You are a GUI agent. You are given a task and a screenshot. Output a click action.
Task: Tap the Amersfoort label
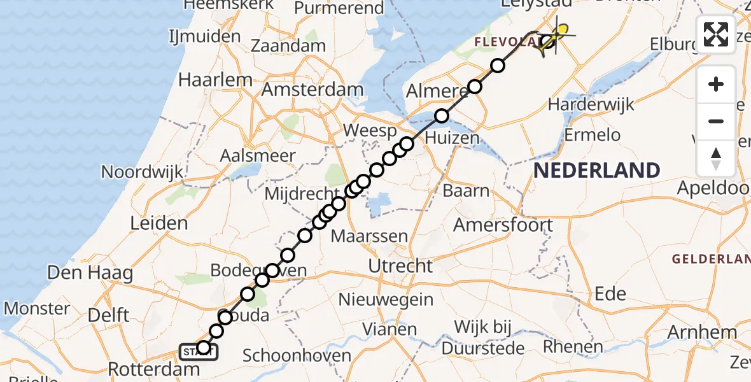click(x=503, y=224)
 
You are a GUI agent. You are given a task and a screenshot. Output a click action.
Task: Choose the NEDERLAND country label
click(x=596, y=170)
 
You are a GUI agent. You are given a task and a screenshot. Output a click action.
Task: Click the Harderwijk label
click(x=591, y=104)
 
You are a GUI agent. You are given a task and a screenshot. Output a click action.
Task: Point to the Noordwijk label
click(x=143, y=172)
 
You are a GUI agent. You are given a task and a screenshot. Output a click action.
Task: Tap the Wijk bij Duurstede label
click(x=484, y=337)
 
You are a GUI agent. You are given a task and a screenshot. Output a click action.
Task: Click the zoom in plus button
click(x=716, y=84)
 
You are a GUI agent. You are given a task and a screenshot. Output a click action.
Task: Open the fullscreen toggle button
click(x=716, y=34)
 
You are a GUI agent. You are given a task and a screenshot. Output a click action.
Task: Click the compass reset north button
click(x=716, y=158)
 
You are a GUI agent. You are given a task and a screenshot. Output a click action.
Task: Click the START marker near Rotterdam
click(x=199, y=351)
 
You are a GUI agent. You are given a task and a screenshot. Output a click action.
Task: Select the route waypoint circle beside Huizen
click(x=442, y=116)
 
